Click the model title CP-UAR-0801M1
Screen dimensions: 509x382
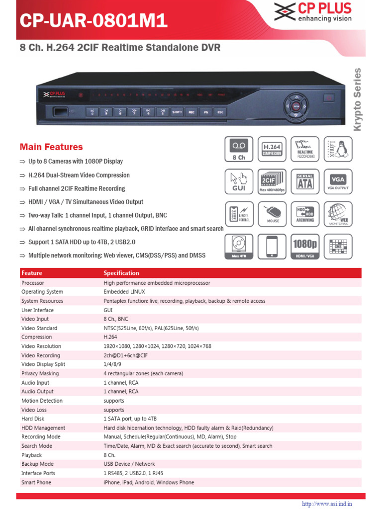click(x=94, y=21)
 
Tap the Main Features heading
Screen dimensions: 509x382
click(x=51, y=147)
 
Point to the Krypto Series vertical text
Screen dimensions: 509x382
click(x=357, y=99)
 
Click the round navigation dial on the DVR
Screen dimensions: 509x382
click(x=296, y=105)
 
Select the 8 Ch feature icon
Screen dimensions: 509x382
click(x=239, y=149)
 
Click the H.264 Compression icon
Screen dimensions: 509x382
click(x=272, y=149)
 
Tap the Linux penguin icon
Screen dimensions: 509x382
click(x=338, y=149)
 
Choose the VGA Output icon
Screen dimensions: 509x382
click(x=338, y=181)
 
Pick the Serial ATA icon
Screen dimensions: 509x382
click(x=305, y=181)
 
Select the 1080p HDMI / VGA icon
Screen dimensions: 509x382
click(x=305, y=246)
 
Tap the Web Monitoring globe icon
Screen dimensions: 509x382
click(x=338, y=214)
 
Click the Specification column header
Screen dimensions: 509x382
click(x=121, y=273)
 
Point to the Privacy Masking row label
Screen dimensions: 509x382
click(x=40, y=373)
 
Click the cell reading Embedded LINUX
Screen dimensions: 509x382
click(x=124, y=292)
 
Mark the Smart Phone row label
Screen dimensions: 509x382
click(x=36, y=482)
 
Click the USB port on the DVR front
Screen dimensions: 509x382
click(x=59, y=111)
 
